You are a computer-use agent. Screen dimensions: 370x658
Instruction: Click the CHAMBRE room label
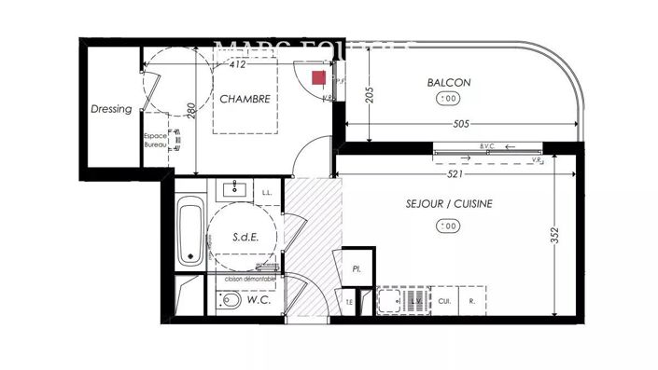pyautogui.click(x=245, y=99)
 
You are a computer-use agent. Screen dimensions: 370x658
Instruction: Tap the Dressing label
pyautogui.click(x=111, y=109)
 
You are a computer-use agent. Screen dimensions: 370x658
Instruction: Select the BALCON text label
pyautogui.click(x=449, y=83)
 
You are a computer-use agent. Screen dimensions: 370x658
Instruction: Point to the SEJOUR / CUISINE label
pyautogui.click(x=450, y=203)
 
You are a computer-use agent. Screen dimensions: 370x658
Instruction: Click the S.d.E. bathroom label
pyautogui.click(x=245, y=238)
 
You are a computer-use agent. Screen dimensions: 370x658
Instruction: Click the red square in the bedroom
pyautogui.click(x=318, y=76)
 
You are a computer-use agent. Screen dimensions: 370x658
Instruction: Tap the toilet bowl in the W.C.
pyautogui.click(x=229, y=301)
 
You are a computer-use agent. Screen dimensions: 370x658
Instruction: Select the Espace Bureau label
pyautogui.click(x=156, y=142)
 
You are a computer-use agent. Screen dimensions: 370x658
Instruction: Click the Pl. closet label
pyautogui.click(x=356, y=267)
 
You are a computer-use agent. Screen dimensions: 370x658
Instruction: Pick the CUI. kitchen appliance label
pyautogui.click(x=445, y=301)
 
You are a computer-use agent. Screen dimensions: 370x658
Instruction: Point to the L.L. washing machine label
pyautogui.click(x=267, y=193)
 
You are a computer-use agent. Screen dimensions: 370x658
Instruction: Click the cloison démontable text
pyautogui.click(x=249, y=278)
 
